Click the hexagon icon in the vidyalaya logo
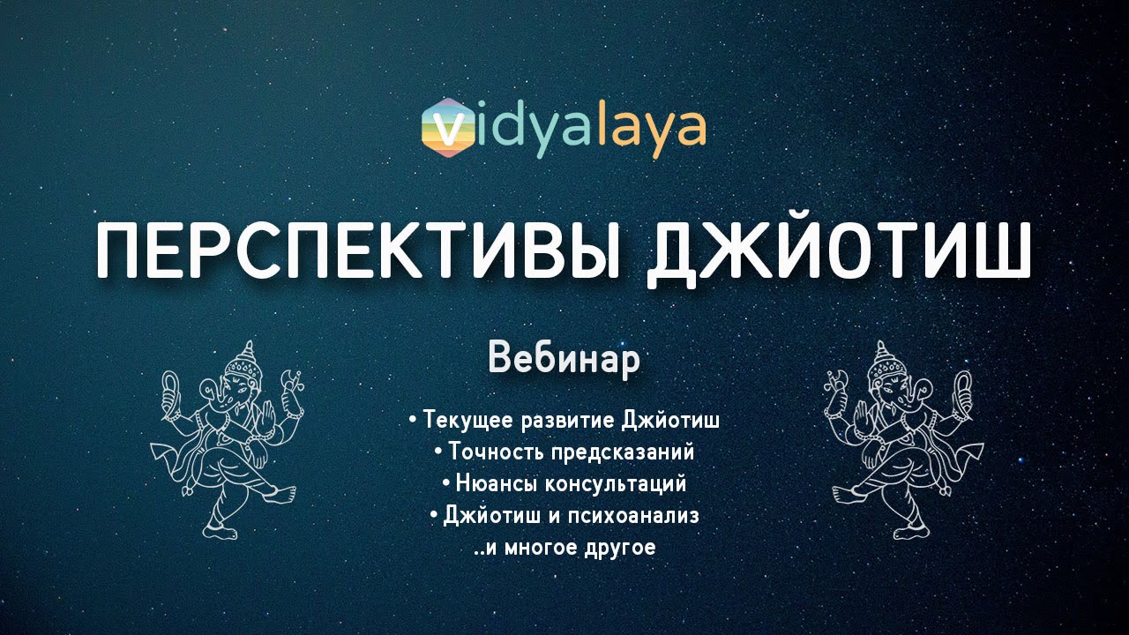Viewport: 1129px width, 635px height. (x=448, y=128)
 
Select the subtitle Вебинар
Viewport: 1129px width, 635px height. (x=564, y=360)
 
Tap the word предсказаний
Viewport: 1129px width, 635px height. (x=623, y=453)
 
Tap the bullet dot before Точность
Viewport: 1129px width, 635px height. (x=439, y=452)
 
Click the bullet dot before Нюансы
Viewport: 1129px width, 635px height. (x=446, y=484)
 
